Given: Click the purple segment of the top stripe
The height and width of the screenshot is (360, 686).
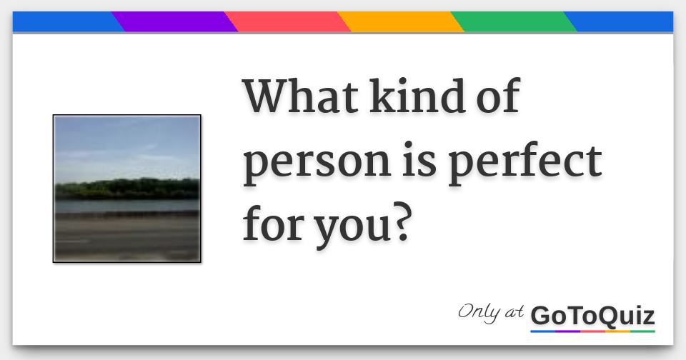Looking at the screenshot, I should tap(175, 22).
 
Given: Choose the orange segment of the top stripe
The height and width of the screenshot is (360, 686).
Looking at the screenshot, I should tap(401, 22).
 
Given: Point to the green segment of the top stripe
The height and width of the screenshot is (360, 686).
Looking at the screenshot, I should tap(514, 22).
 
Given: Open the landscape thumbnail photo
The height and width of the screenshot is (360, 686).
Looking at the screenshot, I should tap(127, 189).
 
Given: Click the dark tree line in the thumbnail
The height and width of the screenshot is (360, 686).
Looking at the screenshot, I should tap(127, 189).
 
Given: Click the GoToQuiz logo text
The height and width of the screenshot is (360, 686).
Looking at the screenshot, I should tap(592, 315).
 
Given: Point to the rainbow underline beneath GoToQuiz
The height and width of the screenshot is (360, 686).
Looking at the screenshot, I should tap(592, 331).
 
